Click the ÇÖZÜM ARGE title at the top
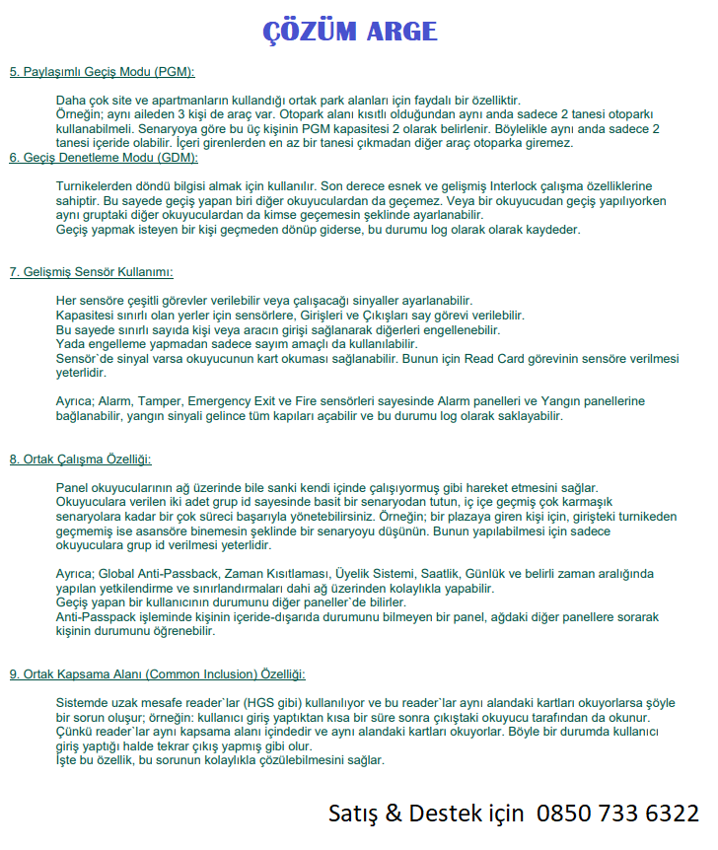point(349,32)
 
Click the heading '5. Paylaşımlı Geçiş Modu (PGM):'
point(102,72)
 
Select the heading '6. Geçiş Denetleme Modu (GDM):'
point(104,158)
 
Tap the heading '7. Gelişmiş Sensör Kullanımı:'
point(92,272)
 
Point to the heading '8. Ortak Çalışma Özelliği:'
point(80,460)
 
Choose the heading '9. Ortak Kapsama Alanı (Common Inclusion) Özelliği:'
point(157,674)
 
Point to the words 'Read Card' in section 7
point(491,360)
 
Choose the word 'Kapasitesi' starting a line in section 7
point(86,316)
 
